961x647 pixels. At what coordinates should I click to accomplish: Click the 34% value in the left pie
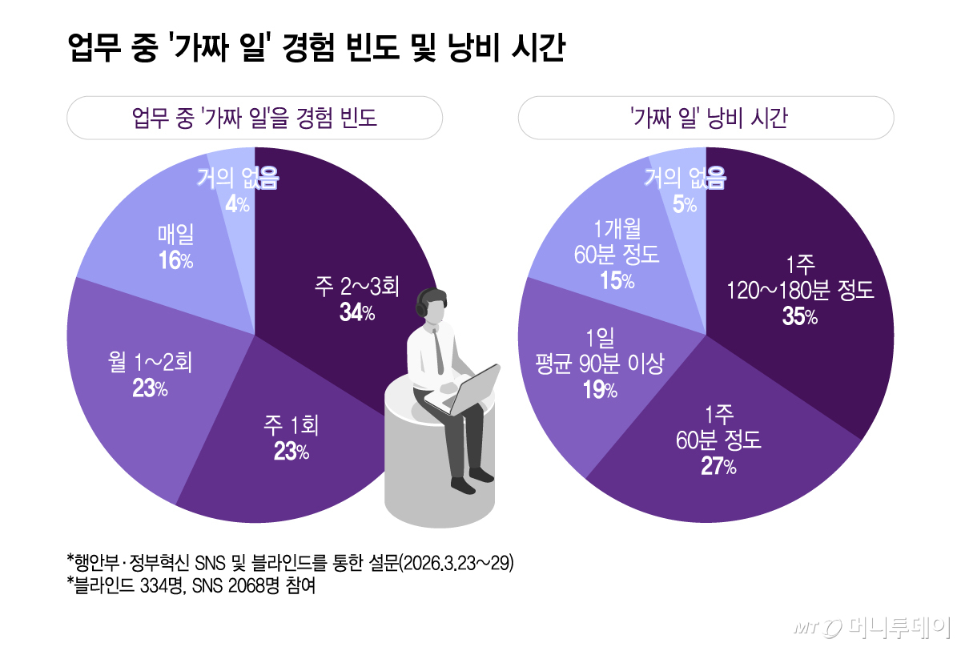(x=356, y=313)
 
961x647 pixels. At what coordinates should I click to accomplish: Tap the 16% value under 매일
(x=176, y=261)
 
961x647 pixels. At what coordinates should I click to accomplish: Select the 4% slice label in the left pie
(x=237, y=205)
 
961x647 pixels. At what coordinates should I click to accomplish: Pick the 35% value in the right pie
(x=799, y=317)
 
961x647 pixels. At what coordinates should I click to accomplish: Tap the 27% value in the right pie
(x=718, y=467)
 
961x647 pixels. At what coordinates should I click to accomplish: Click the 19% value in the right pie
(x=600, y=391)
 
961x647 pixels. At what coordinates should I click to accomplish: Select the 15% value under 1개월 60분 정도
(x=617, y=281)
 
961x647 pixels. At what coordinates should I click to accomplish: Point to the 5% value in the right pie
(x=684, y=205)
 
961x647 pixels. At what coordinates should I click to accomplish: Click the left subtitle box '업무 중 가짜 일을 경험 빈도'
(x=255, y=119)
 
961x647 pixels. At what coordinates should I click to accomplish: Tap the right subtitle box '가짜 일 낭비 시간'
(x=706, y=119)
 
